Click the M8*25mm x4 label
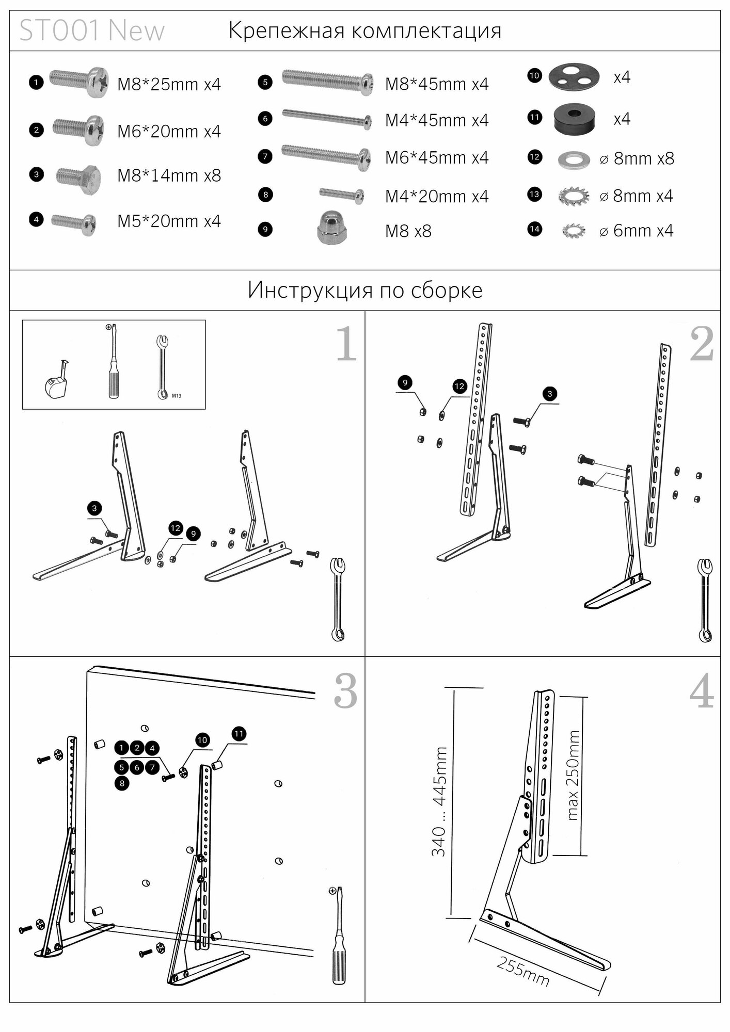click(x=169, y=84)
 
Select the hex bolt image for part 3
click(x=78, y=176)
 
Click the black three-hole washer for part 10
click(x=574, y=76)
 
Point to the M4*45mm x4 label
click(x=437, y=120)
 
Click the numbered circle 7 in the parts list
click(x=265, y=156)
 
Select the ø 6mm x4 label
click(x=636, y=231)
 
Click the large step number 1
click(x=346, y=344)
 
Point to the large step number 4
click(x=702, y=693)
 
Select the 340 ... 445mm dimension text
click(x=439, y=801)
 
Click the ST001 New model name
click(x=92, y=31)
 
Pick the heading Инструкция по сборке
click(x=365, y=290)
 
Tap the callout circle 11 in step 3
click(x=239, y=734)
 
